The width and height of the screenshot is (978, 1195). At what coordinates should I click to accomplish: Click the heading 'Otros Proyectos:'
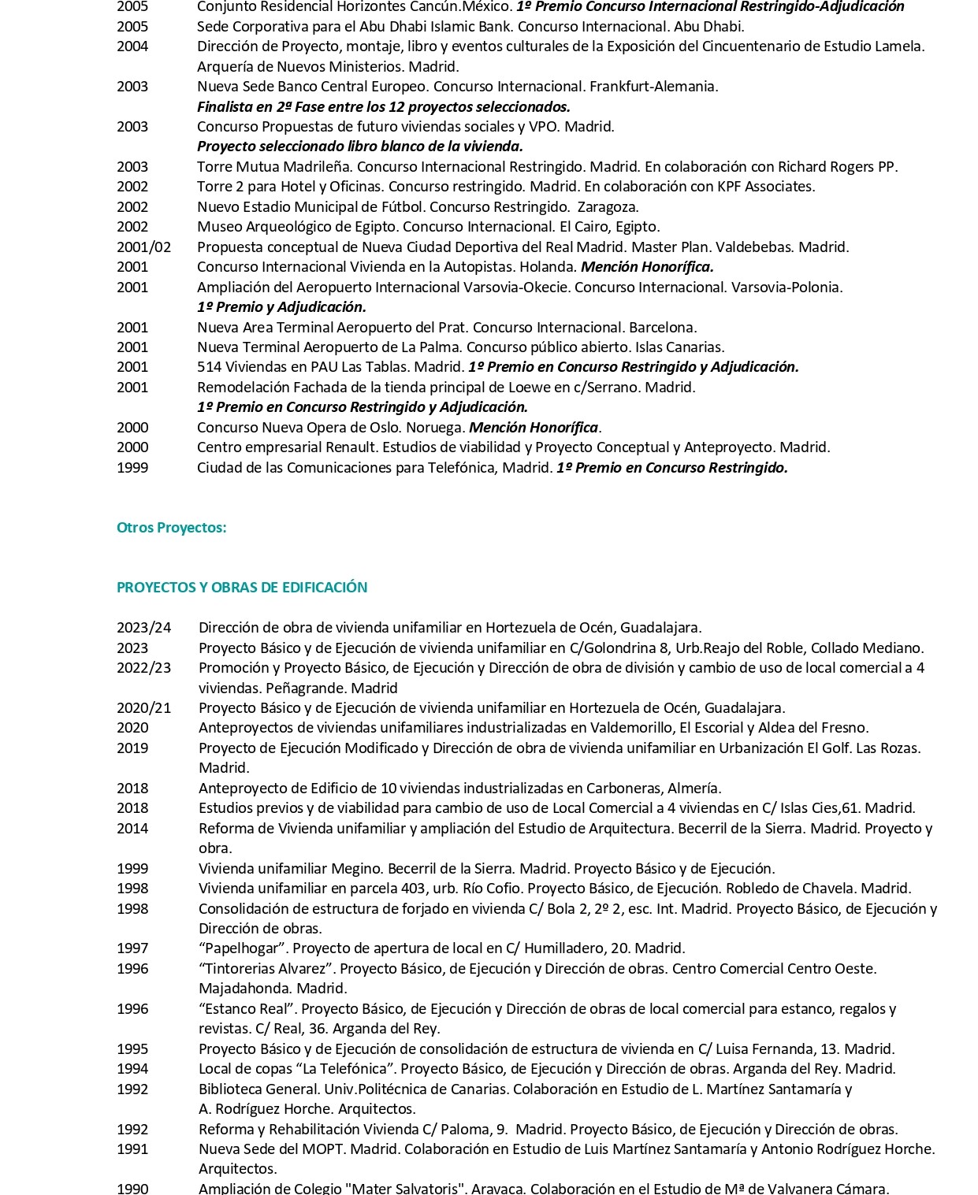point(171,528)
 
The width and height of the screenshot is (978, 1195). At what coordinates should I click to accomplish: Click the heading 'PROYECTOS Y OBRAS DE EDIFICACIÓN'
point(242,588)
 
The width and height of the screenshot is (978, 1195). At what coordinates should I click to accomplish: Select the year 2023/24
point(143,628)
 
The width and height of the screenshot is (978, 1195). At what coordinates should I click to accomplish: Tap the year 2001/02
point(143,247)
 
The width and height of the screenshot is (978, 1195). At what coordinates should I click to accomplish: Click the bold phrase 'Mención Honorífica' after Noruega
point(533,428)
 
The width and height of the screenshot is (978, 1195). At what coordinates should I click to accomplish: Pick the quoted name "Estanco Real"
point(246,1009)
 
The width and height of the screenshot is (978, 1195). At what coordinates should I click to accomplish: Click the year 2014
point(132,829)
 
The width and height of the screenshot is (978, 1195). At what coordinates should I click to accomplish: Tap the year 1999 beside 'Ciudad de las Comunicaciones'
point(132,468)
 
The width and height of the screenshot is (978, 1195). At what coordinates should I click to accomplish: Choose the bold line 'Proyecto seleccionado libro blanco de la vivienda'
point(359,147)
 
